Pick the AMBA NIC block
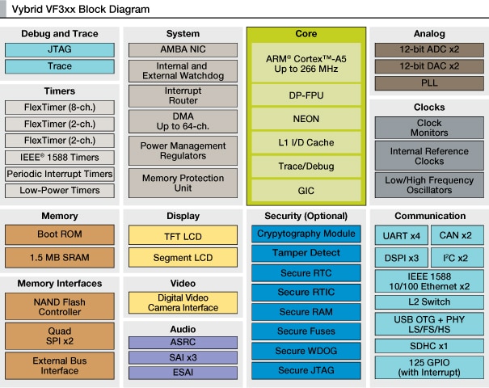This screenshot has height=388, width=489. click(x=183, y=49)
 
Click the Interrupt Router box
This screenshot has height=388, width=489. click(x=183, y=96)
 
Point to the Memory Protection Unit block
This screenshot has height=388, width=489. click(x=183, y=183)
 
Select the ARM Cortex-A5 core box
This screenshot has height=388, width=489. click(x=306, y=64)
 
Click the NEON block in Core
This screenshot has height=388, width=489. click(x=306, y=119)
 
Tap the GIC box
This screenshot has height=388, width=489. click(x=306, y=191)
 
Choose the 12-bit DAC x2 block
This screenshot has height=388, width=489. click(x=428, y=66)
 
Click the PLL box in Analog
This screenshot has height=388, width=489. click(x=428, y=83)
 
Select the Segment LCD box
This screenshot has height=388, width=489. click(x=183, y=258)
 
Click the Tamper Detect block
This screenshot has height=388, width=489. click(x=306, y=253)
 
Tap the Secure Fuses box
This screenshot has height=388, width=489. click(x=306, y=331)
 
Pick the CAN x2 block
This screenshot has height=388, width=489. click(x=456, y=235)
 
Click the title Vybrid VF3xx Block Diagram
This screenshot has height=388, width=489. click(x=80, y=10)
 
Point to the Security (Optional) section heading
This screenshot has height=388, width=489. click(x=306, y=216)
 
